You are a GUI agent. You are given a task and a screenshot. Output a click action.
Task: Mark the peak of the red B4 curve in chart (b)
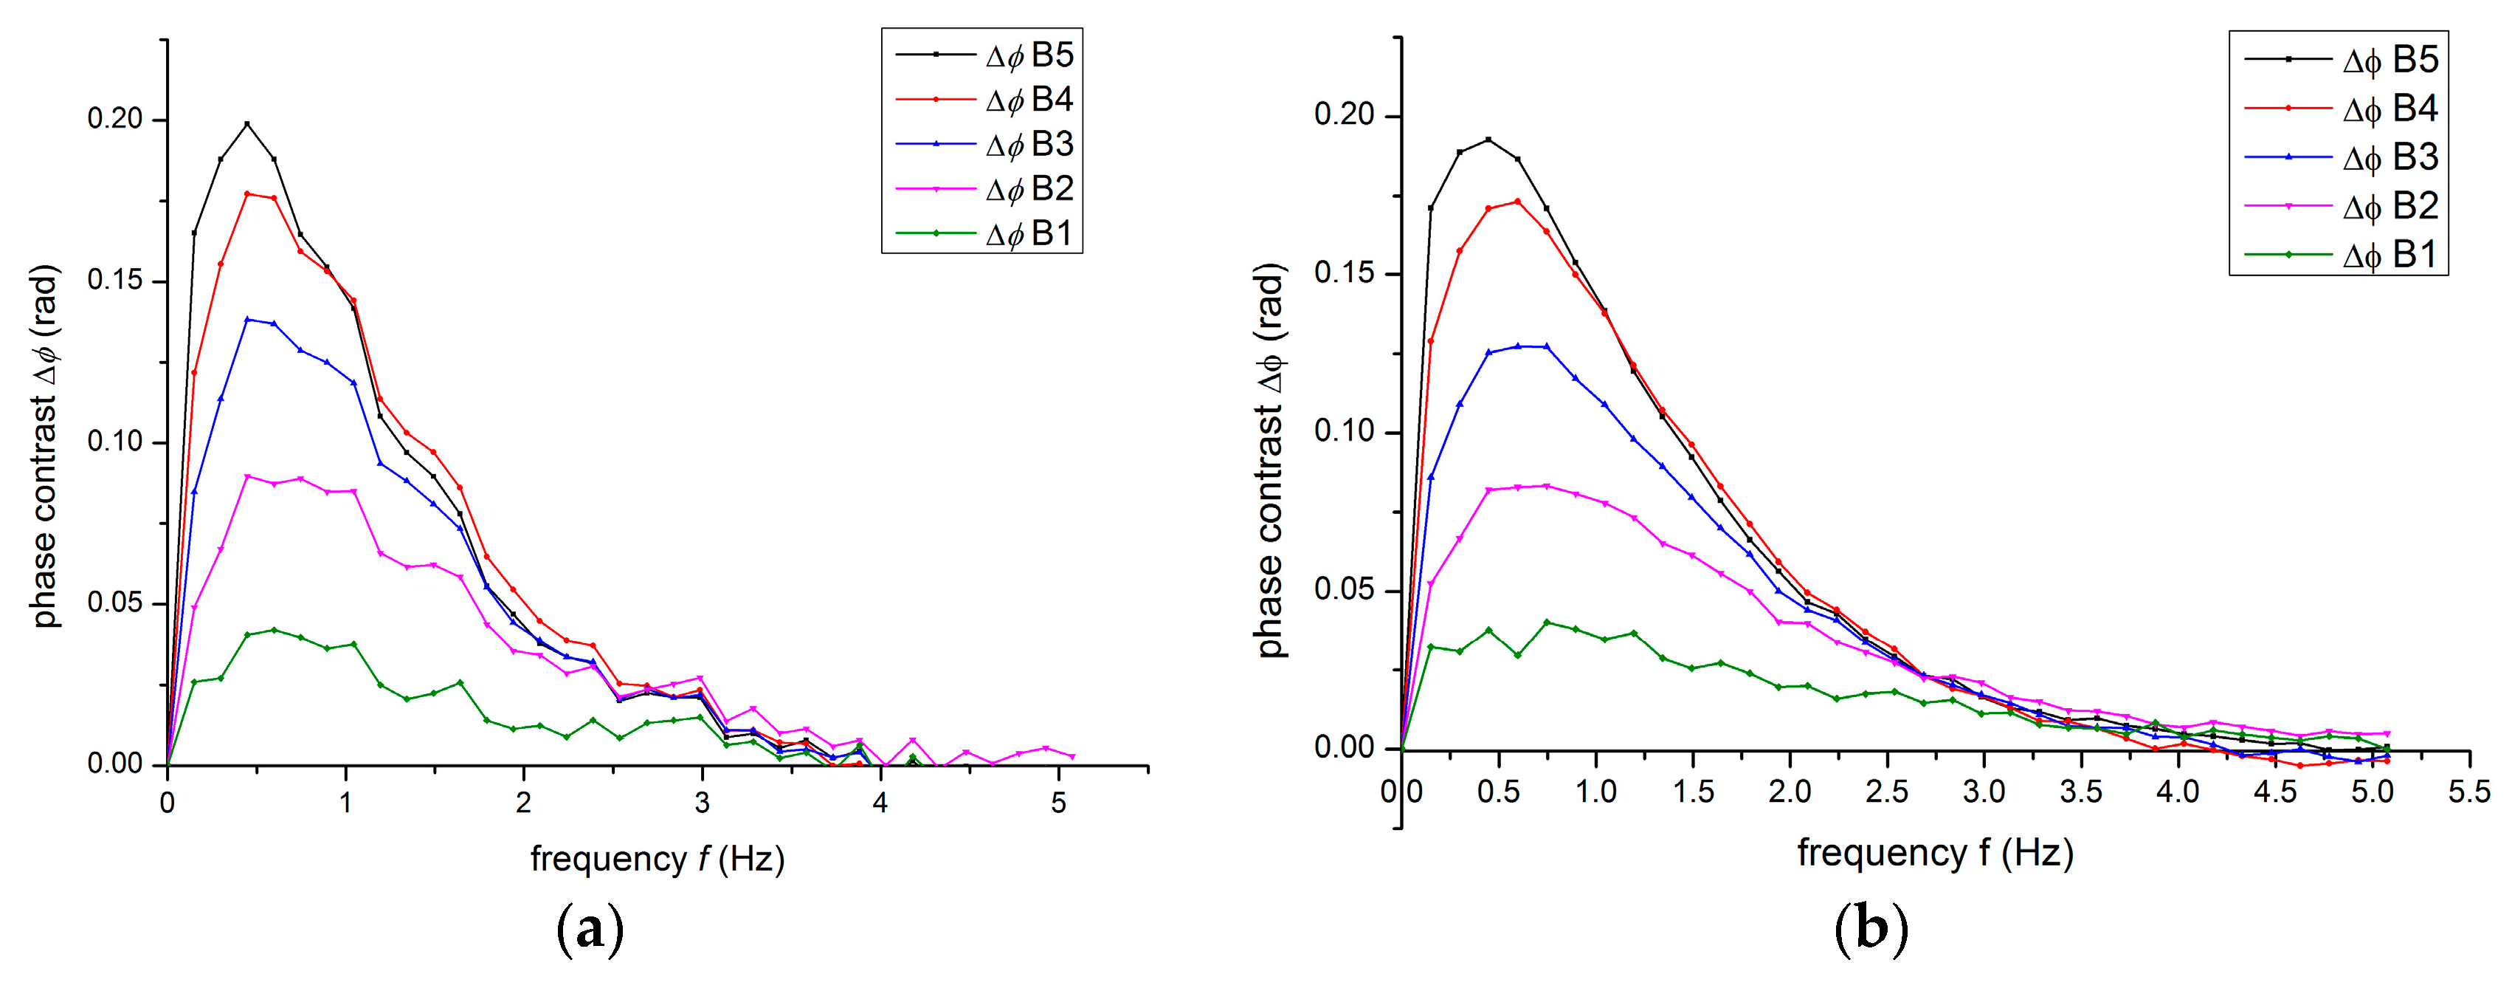(x=1517, y=202)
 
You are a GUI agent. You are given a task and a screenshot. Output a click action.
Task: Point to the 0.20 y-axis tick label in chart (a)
(x=114, y=119)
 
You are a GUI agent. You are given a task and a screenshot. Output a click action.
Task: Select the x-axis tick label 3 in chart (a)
(x=702, y=803)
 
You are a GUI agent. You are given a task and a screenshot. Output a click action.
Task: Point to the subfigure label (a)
(x=589, y=930)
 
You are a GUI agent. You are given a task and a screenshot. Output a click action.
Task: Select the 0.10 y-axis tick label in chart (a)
(x=114, y=442)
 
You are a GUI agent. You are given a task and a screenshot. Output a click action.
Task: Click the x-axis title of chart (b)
(x=1935, y=852)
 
